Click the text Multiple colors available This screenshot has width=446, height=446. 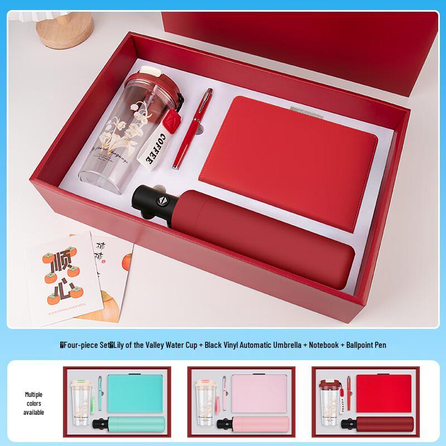click(x=33, y=403)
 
